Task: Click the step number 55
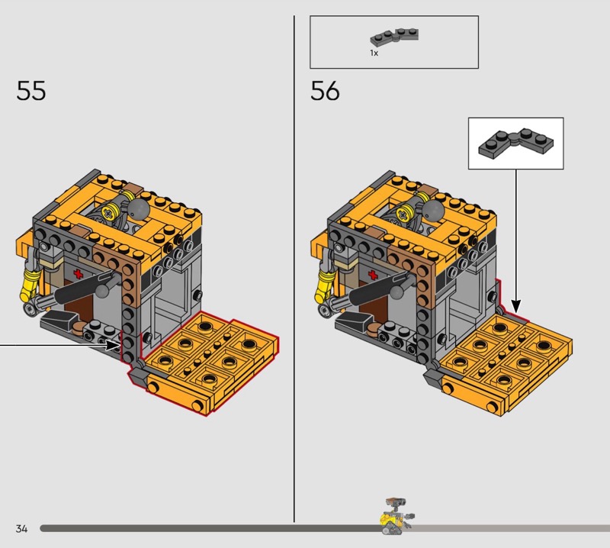pyautogui.click(x=31, y=91)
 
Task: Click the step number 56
pyautogui.click(x=325, y=91)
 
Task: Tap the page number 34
pyautogui.click(x=22, y=528)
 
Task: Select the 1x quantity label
pyautogui.click(x=374, y=53)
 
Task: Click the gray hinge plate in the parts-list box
pyautogui.click(x=394, y=36)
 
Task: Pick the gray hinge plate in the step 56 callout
pyautogui.click(x=516, y=143)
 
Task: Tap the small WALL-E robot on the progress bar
pyautogui.click(x=396, y=516)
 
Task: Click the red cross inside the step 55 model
pyautogui.click(x=79, y=273)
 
